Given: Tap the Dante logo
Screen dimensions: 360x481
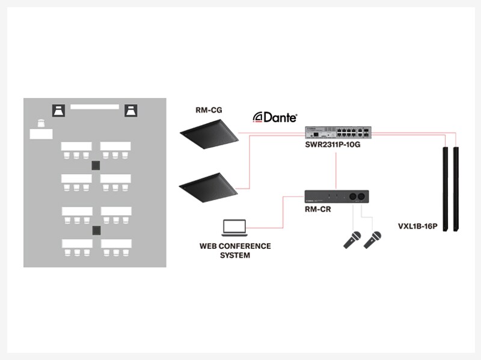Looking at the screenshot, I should click(x=275, y=117).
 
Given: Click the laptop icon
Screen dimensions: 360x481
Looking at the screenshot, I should click(x=234, y=228).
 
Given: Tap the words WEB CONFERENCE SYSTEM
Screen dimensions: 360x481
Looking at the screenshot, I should click(x=235, y=251).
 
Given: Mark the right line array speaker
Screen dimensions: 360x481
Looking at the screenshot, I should click(x=457, y=188).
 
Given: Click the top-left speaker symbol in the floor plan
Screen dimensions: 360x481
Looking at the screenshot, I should click(x=59, y=111).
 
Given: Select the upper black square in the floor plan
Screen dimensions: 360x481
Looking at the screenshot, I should click(x=95, y=165).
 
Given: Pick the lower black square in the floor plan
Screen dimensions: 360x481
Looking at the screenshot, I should click(x=95, y=230).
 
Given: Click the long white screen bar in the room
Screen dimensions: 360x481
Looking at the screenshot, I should click(x=95, y=106).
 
